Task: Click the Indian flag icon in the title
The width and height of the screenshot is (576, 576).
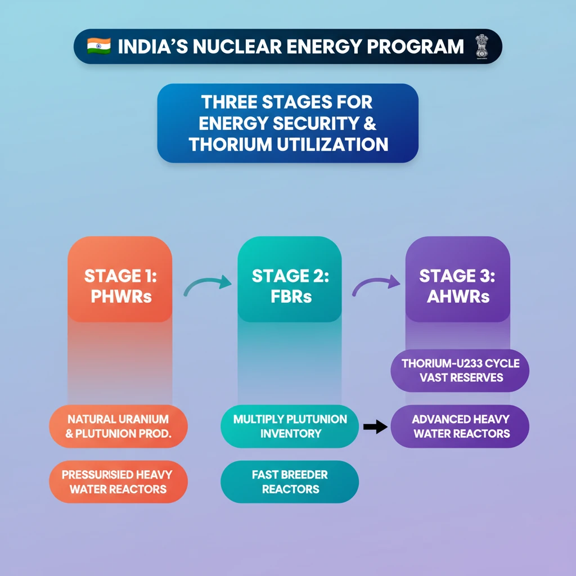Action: (99, 46)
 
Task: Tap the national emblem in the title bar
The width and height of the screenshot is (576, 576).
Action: (482, 46)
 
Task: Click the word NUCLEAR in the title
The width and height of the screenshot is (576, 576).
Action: (236, 47)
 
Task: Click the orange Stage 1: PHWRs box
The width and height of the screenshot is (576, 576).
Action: (120, 280)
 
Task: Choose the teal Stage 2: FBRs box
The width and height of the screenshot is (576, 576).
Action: (289, 280)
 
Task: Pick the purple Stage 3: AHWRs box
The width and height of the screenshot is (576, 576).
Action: (457, 280)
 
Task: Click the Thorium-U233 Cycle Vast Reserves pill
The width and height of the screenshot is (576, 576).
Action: (460, 370)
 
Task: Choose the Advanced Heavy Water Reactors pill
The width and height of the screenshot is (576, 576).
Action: (460, 426)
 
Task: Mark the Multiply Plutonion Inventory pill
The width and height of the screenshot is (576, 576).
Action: (290, 426)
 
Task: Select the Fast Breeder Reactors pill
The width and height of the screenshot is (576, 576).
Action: (289, 482)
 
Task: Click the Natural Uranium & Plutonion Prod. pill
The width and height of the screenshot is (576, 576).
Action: (118, 426)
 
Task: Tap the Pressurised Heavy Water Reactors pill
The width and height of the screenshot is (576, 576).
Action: (118, 482)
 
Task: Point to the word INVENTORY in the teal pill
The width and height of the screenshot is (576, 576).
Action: (290, 434)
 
